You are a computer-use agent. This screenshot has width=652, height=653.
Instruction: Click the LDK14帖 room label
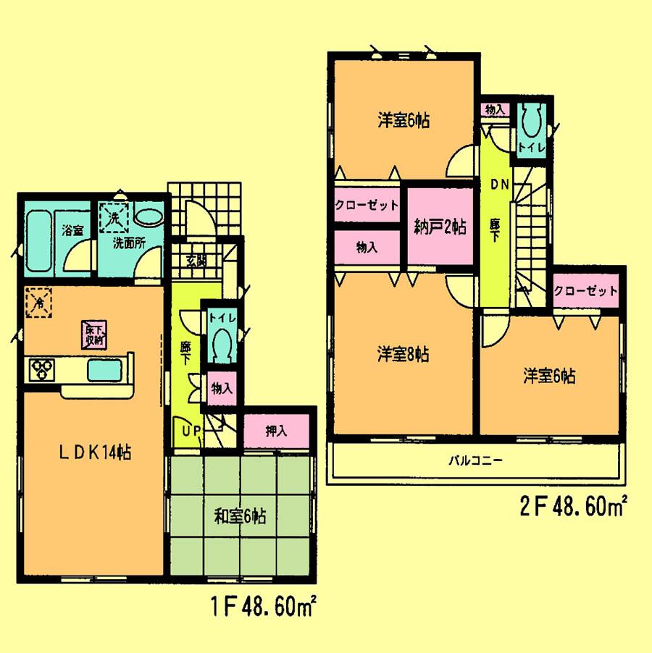95,453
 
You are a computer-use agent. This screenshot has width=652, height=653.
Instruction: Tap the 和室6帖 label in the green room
240,517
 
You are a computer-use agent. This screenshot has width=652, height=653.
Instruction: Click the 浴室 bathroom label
72,231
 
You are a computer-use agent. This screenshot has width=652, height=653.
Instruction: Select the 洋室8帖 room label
403,354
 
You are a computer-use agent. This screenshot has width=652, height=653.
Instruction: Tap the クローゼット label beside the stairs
586,291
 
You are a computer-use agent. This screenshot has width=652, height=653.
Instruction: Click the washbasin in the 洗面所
150,216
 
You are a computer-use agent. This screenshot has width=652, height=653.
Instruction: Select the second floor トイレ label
531,148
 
